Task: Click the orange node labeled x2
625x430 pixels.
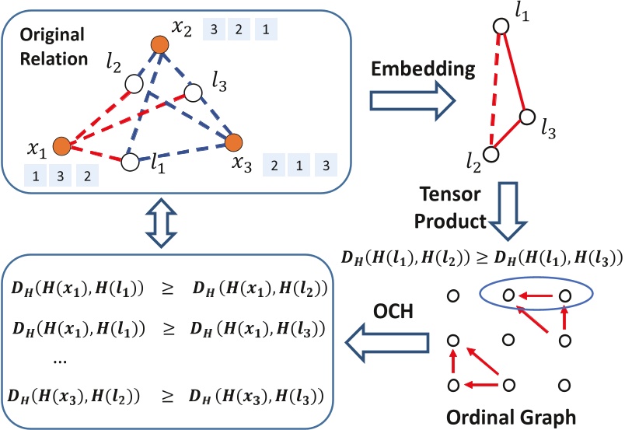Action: pyautogui.click(x=159, y=44)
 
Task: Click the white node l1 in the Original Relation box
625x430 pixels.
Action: pyautogui.click(x=131, y=161)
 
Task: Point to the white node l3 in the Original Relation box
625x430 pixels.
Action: pyautogui.click(x=194, y=93)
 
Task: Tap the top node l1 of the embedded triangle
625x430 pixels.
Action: pyautogui.click(x=501, y=25)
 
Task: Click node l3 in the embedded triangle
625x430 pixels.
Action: pyautogui.click(x=528, y=117)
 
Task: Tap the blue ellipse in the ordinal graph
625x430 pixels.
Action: pyautogui.click(x=536, y=295)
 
